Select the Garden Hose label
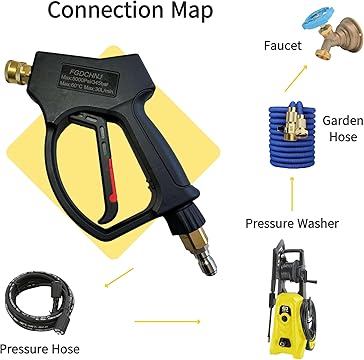(336, 128)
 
